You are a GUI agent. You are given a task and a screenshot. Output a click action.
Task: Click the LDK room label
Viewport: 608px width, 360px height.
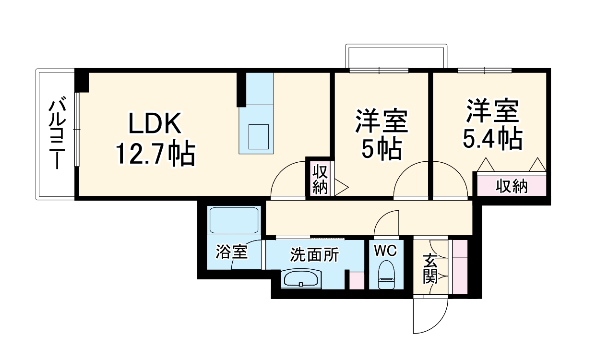(x=155, y=124)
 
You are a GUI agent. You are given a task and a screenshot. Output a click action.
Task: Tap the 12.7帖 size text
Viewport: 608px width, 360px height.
(x=155, y=154)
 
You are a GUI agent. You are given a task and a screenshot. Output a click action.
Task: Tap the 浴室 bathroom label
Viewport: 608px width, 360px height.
(x=231, y=252)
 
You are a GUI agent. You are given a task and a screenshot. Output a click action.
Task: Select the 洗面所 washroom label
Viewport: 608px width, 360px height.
(x=314, y=255)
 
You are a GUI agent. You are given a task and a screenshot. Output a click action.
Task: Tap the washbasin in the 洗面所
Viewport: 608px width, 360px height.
(x=301, y=278)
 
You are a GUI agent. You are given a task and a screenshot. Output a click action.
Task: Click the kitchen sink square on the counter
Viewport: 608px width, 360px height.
(x=259, y=137)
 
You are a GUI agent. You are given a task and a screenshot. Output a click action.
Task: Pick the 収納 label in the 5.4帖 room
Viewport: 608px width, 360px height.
(x=512, y=186)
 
